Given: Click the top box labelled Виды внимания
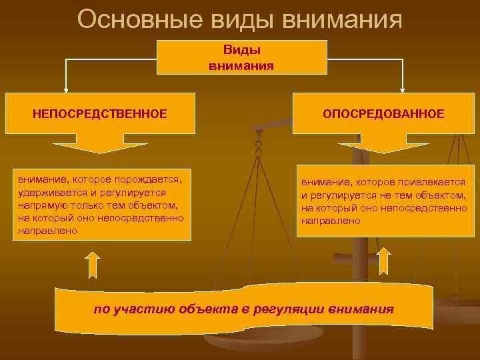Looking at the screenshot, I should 241,57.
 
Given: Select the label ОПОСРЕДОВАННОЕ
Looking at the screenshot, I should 383,114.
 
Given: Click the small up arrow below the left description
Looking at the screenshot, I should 93,264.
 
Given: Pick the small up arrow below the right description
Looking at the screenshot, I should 384,261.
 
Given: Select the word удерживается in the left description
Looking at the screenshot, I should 48,193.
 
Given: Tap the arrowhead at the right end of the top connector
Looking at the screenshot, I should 403,88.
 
